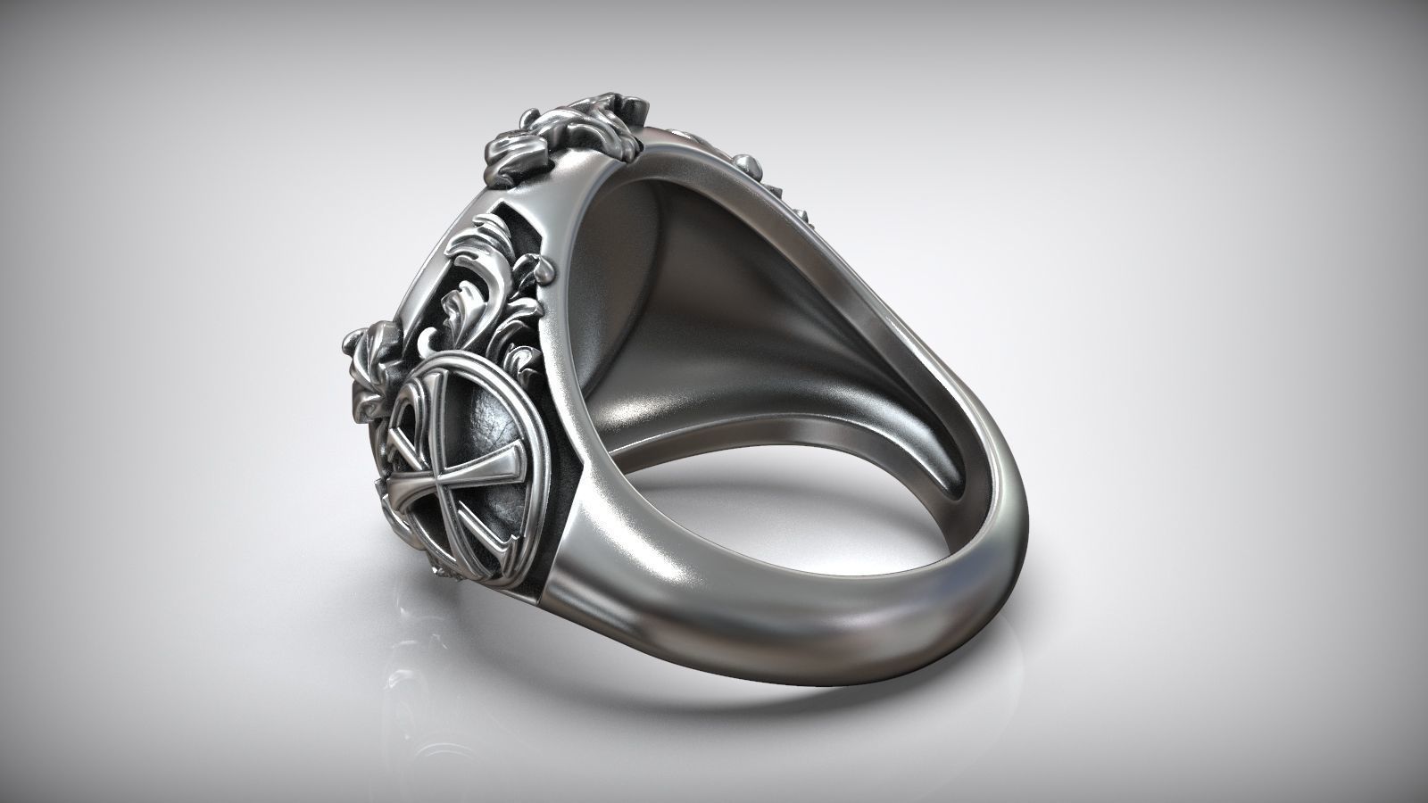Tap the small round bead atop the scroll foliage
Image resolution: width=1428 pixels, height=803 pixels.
click(x=537, y=265)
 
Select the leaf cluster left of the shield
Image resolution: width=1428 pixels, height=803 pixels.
click(x=366, y=357)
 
